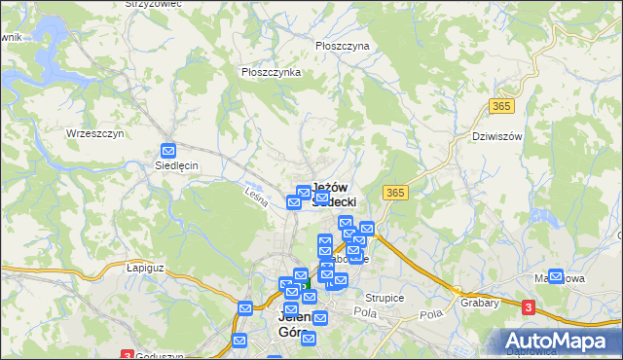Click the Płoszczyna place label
(x=342, y=46)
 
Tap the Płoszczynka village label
(x=271, y=72)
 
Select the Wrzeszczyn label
(x=94, y=133)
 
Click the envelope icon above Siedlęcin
(x=168, y=151)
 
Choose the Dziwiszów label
(x=496, y=136)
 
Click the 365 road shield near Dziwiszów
(x=501, y=105)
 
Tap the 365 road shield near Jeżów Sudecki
(x=395, y=194)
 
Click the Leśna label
(x=256, y=195)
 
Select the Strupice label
(x=385, y=298)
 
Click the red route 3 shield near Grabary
(x=528, y=307)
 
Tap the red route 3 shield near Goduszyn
(x=127, y=354)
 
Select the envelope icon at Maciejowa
(x=556, y=276)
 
